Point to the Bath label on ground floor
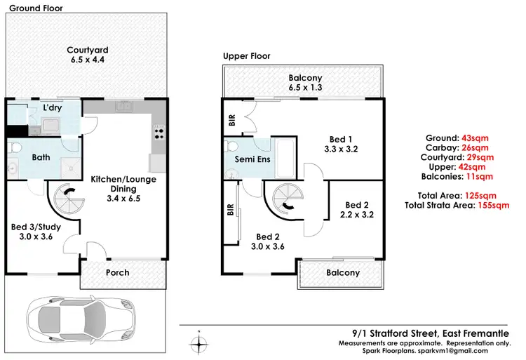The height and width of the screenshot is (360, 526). click(41, 157)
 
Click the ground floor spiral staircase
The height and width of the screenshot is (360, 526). click(68, 196)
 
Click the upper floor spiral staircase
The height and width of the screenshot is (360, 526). click(288, 196)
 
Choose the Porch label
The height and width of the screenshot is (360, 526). click(117, 272)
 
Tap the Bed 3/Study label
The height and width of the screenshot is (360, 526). click(38, 232)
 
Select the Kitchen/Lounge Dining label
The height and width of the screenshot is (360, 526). click(123, 184)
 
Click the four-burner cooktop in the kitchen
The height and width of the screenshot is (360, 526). click(159, 131)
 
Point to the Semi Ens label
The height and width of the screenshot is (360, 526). click(248, 159)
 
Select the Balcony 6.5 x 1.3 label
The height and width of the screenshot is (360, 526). click(304, 83)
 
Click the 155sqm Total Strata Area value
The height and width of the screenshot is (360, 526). click(493, 206)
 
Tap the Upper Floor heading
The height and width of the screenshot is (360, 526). click(246, 56)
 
